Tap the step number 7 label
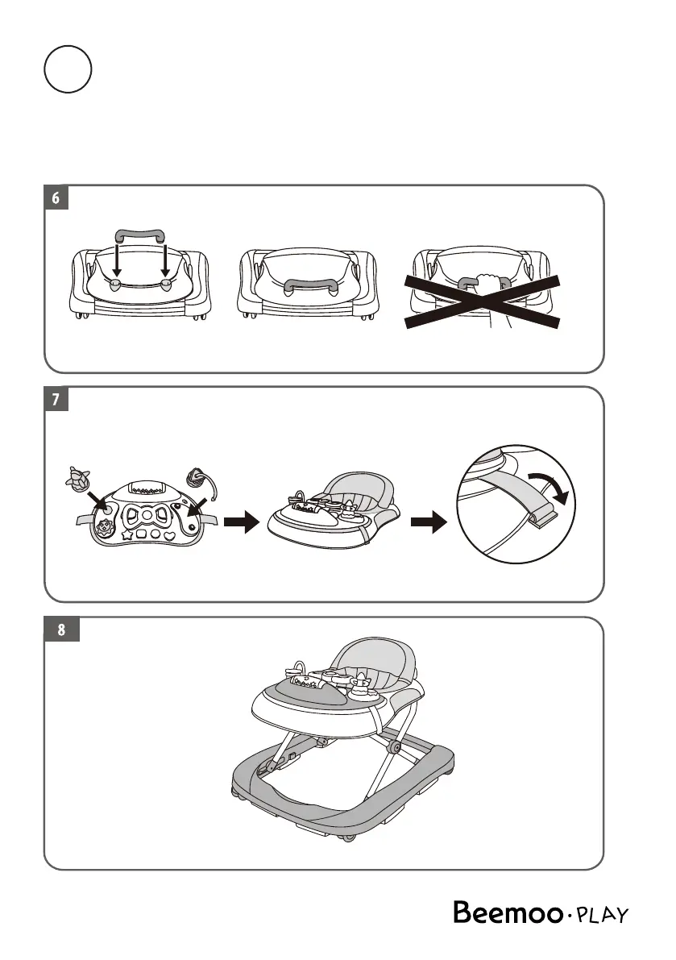click(56, 400)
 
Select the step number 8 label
click(61, 630)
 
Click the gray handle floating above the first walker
click(140, 235)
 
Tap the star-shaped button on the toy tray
click(126, 534)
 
